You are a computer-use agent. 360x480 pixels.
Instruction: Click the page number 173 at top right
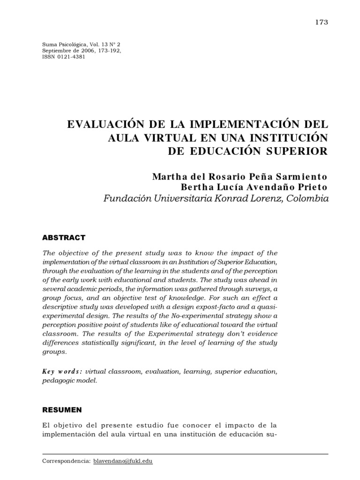point(322,22)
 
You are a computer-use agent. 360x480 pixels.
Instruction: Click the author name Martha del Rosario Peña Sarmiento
point(239,177)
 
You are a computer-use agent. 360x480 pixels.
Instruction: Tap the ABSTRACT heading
point(64,238)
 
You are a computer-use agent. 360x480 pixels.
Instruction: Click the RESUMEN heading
point(62,409)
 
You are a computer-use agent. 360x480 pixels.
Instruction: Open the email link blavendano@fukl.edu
point(123,461)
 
